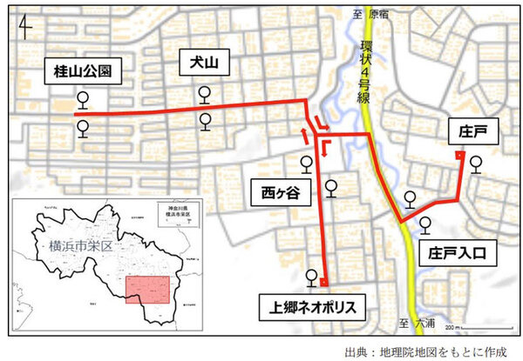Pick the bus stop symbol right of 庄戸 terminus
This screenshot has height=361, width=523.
[x=476, y=163]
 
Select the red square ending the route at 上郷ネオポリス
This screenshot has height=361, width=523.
[x=323, y=283]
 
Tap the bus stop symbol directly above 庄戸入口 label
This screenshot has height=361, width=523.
[x=425, y=224]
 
